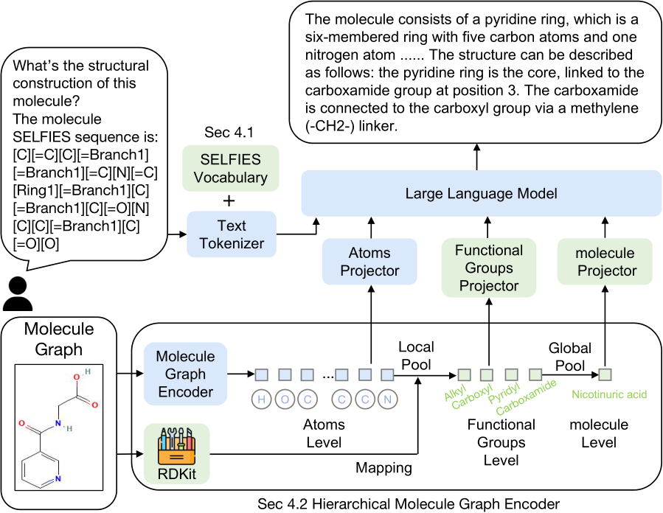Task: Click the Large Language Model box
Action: click(481, 194)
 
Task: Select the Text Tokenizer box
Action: click(231, 234)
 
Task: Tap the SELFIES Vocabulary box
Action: click(231, 169)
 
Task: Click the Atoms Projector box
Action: click(369, 262)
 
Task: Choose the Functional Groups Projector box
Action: click(488, 268)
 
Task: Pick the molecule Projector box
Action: click(606, 262)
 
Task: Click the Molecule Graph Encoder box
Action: click(185, 374)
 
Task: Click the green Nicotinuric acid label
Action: click(609, 395)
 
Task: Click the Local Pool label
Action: click(416, 355)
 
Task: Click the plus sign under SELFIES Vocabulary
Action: click(230, 200)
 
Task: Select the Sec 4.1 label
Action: click(228, 133)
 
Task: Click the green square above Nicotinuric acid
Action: click(605, 374)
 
